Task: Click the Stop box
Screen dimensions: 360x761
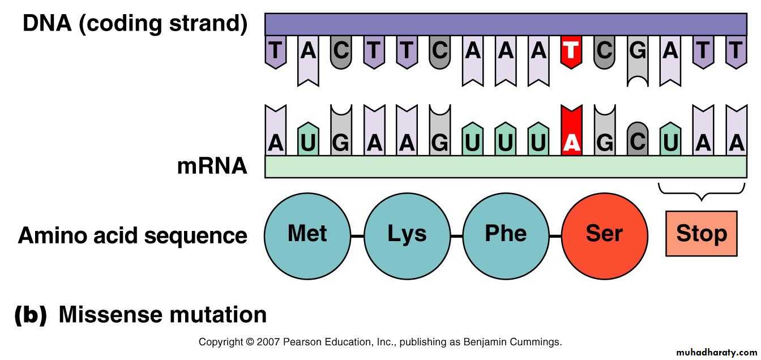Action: point(702,234)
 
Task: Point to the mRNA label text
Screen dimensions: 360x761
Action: point(212,166)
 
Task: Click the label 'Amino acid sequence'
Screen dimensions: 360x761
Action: point(132,235)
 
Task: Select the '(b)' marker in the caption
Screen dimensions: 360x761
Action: point(31,315)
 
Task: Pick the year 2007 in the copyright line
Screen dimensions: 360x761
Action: point(269,342)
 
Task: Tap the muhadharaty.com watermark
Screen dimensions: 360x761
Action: point(716,352)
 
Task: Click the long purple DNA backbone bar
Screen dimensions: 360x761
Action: point(506,24)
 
